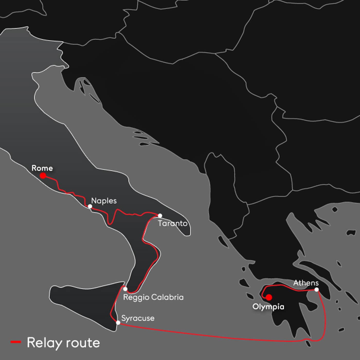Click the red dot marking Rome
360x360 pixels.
(43, 176)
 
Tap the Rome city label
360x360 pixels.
(42, 168)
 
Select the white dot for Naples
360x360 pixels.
(90, 206)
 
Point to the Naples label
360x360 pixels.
(104, 201)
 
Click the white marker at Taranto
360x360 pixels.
(160, 215)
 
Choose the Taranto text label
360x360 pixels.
(173, 223)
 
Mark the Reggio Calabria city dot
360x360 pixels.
(125, 289)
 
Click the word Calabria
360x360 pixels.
(167, 297)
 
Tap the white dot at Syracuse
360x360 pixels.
(118, 322)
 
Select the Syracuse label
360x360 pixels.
(138, 318)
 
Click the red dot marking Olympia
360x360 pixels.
(269, 298)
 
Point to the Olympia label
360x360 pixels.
(268, 307)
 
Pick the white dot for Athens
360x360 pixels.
(317, 290)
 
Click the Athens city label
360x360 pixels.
(306, 283)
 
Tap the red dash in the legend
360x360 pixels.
(16, 342)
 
